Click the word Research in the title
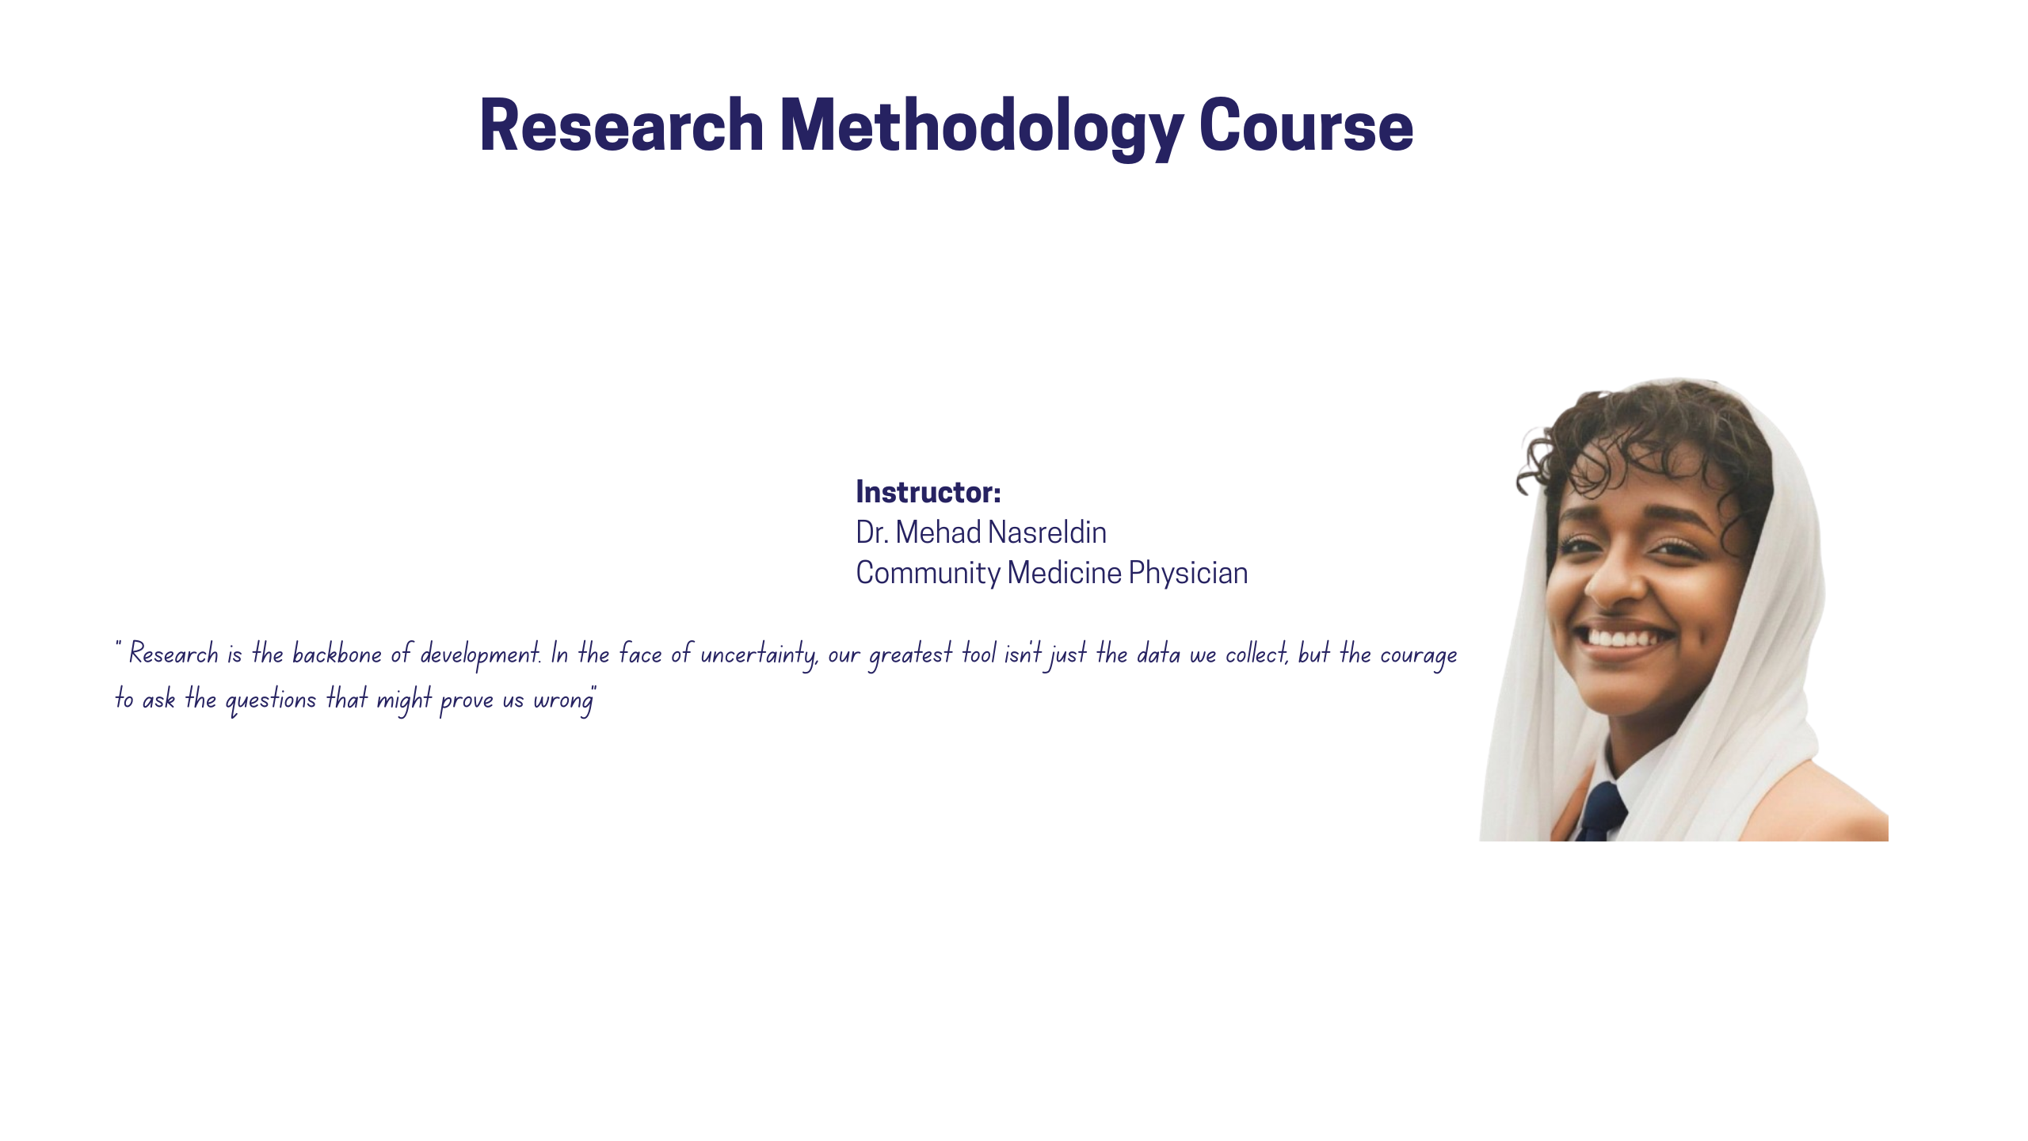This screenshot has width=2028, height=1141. pyautogui.click(x=622, y=126)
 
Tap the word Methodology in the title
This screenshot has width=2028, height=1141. pyautogui.click(x=982, y=126)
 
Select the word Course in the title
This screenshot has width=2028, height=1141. pyautogui.click(x=1306, y=126)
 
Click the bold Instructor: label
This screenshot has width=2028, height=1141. pyautogui.click(x=928, y=492)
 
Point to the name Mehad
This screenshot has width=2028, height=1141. pyautogui.click(x=938, y=532)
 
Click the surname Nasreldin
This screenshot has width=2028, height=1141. pyautogui.click(x=1047, y=532)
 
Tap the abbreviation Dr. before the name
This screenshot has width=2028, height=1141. pyautogui.click(x=871, y=532)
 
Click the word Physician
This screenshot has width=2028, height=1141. pyautogui.click(x=1187, y=574)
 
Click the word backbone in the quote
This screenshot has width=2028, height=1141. pyautogui.click(x=337, y=654)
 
